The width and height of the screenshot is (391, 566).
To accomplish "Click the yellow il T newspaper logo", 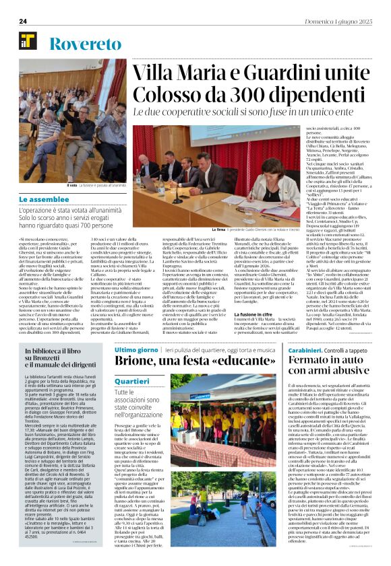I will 28,44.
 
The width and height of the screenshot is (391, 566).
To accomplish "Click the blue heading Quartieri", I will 131,381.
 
